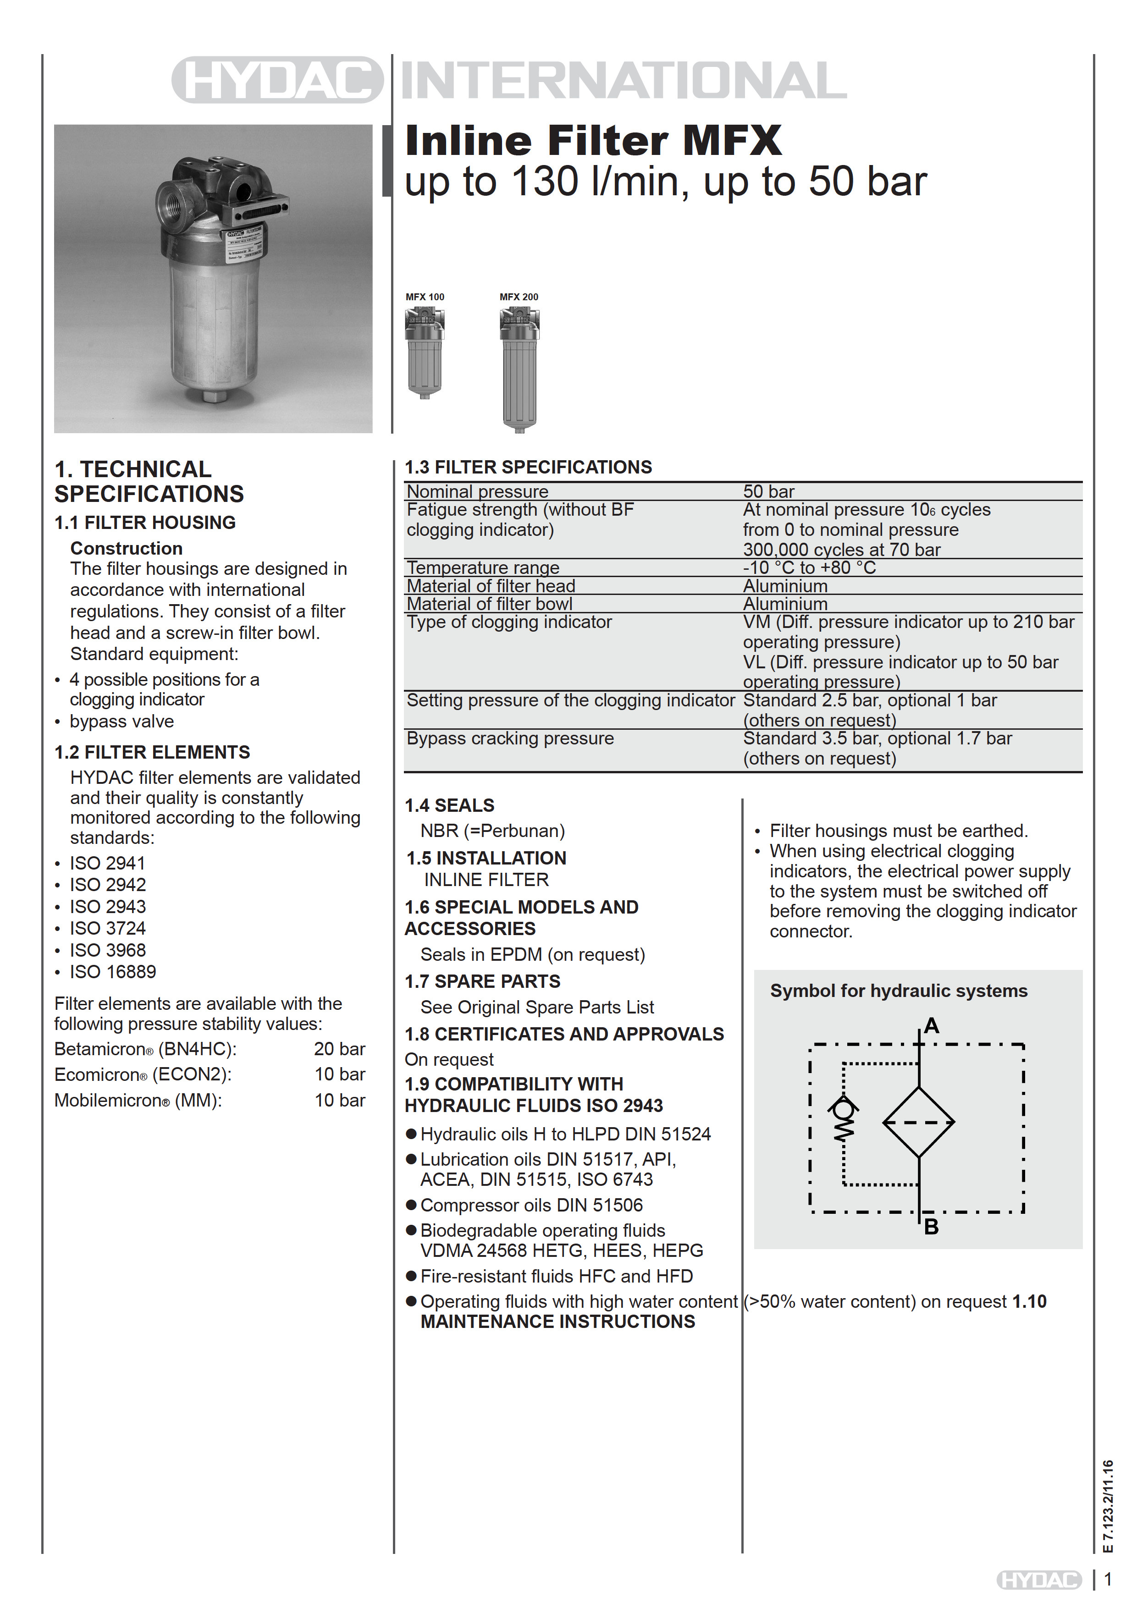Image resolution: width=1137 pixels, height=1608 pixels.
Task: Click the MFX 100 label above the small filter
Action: coord(425,297)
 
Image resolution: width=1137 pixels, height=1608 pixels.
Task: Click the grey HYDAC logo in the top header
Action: coord(277,80)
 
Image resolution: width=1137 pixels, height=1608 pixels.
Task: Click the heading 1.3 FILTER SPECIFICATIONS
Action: coord(528,467)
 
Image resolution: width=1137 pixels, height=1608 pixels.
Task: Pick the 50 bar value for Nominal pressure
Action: coord(768,492)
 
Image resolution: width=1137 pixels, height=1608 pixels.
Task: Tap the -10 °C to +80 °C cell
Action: coord(809,567)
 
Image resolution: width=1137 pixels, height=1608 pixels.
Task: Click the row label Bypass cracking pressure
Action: coord(510,738)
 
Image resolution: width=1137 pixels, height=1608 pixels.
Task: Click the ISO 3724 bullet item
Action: coord(107,929)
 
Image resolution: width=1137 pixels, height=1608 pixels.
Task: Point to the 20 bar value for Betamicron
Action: coord(339,1049)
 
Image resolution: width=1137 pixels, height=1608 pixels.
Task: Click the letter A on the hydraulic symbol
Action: coord(931,1026)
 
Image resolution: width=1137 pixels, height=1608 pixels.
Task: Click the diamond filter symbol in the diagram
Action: coord(918,1122)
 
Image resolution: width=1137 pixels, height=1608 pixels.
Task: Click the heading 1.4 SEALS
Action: coord(449,805)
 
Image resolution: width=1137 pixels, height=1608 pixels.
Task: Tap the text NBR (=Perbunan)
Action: coord(492,831)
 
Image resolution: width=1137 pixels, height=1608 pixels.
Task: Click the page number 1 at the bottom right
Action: coord(1108,1579)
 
